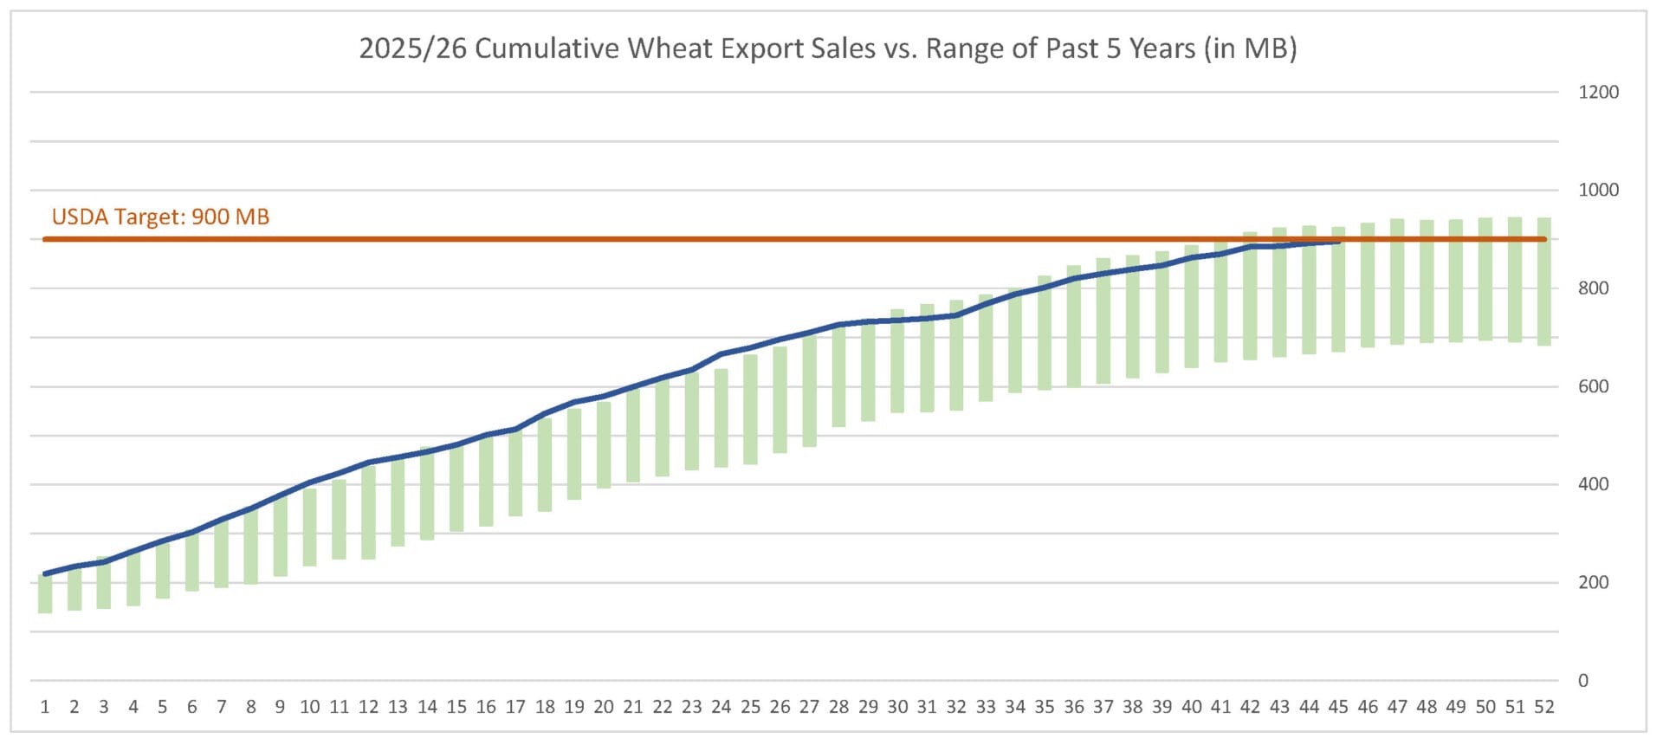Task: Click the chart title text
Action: point(827,49)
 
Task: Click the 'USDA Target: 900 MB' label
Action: point(160,217)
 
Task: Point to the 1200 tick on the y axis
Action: point(1598,92)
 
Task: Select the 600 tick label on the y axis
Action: point(1593,386)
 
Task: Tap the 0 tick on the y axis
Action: point(1582,681)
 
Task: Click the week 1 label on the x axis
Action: point(45,707)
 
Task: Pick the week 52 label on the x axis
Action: point(1543,707)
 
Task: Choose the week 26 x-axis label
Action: point(780,707)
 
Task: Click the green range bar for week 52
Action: point(1543,282)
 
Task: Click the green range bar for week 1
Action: point(45,594)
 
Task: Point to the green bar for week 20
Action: point(604,444)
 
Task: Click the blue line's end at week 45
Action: point(1339,242)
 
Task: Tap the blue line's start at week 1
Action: point(45,573)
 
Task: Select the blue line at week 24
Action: point(721,354)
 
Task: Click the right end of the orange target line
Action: point(1544,239)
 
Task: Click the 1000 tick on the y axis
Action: point(1598,190)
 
